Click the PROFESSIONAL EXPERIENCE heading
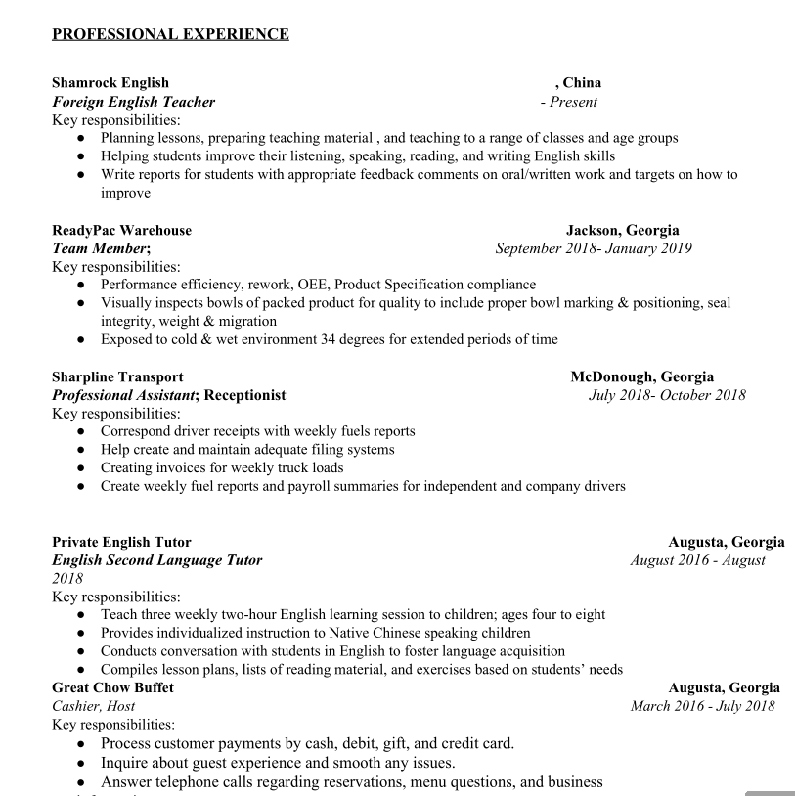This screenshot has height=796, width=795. coord(170,35)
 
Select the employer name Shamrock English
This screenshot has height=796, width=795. coord(110,83)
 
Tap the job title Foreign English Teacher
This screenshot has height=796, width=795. coord(133,102)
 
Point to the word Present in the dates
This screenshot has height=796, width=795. coord(573,102)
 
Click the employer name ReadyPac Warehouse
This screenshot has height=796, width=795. coord(121,231)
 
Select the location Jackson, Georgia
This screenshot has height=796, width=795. coord(622,231)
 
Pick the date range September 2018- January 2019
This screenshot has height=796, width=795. coord(594,248)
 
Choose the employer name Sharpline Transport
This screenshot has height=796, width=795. coord(117,376)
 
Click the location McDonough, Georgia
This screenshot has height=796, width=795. coord(642,376)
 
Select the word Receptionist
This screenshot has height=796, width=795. coord(244,395)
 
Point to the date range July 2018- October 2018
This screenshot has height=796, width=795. coord(667,395)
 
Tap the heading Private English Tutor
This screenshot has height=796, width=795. coord(121,542)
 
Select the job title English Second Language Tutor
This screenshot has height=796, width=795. coord(156,560)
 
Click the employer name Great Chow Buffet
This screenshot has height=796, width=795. coord(112,687)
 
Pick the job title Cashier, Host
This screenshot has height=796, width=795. coord(94,706)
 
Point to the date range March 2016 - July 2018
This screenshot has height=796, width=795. coord(702,706)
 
